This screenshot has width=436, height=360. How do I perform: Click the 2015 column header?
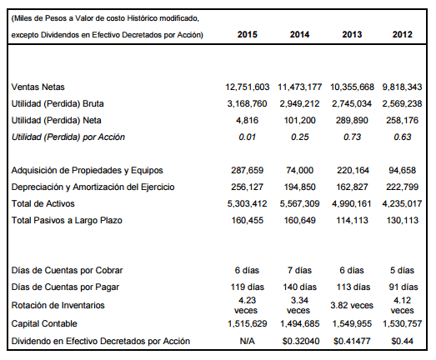pyautogui.click(x=248, y=34)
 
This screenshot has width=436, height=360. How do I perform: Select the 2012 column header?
pyautogui.click(x=402, y=34)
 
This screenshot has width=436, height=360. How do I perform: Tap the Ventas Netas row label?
pyautogui.click(x=38, y=87)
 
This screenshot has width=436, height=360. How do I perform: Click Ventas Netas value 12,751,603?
pyautogui.click(x=248, y=87)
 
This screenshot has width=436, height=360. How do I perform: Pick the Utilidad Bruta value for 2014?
pyautogui.click(x=299, y=103)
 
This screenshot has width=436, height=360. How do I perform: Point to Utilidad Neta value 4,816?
pyautogui.click(x=248, y=120)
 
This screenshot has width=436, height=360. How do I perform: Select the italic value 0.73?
pyautogui.click(x=352, y=137)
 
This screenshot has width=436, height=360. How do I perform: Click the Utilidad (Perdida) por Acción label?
pyautogui.click(x=68, y=137)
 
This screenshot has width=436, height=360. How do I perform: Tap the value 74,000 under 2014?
pyautogui.click(x=299, y=170)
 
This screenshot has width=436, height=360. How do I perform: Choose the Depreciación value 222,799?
pyautogui.click(x=402, y=187)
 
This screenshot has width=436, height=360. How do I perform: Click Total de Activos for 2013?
pyautogui.click(x=352, y=204)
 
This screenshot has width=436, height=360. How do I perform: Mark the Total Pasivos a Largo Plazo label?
pyautogui.click(x=67, y=221)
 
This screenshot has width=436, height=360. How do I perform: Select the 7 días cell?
pyautogui.click(x=299, y=270)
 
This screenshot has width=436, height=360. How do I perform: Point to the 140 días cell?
pyautogui.click(x=299, y=287)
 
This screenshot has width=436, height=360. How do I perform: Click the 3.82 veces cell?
pyautogui.click(x=352, y=305)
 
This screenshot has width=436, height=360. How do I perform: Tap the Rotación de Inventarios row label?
pyautogui.click(x=58, y=305)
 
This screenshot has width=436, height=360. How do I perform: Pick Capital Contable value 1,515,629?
pyautogui.click(x=248, y=323)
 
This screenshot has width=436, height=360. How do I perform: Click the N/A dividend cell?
pyautogui.click(x=248, y=341)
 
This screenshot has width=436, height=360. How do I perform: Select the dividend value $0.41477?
pyautogui.click(x=352, y=341)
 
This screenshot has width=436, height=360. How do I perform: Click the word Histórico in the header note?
pyautogui.click(x=138, y=18)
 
